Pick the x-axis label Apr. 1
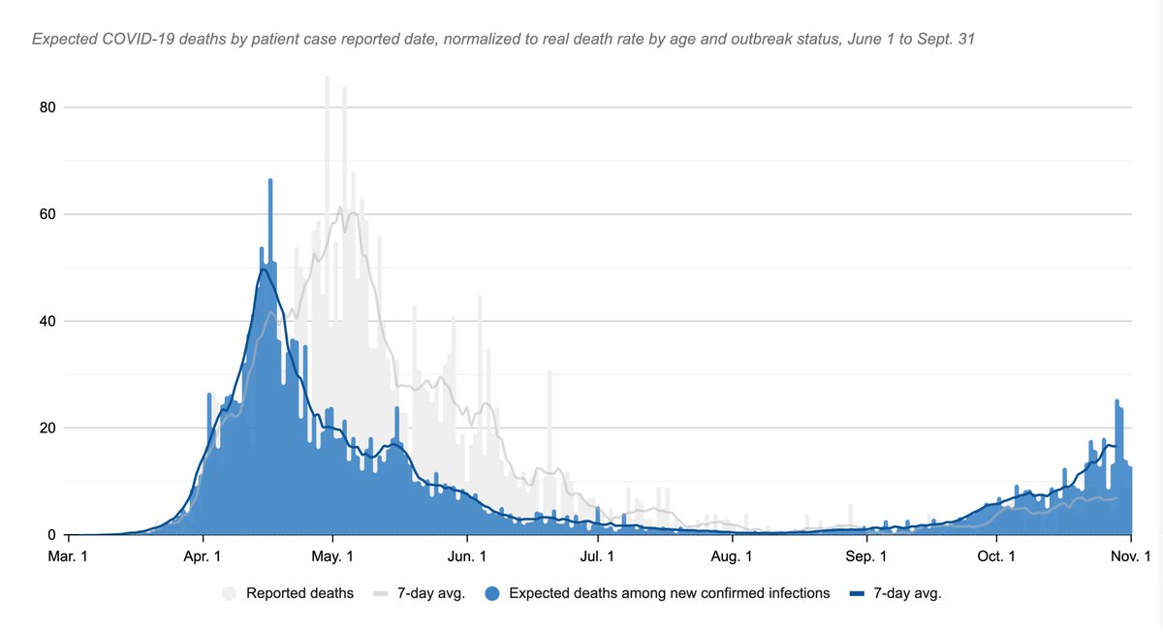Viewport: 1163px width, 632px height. pyautogui.click(x=203, y=556)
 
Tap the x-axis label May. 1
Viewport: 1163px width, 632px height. pyautogui.click(x=332, y=556)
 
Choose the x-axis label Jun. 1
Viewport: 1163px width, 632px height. pyautogui.click(x=467, y=556)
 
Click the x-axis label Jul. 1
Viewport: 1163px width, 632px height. pyautogui.click(x=597, y=556)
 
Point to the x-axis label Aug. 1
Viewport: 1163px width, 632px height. pyautogui.click(x=732, y=556)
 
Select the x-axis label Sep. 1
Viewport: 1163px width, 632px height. pyautogui.click(x=865, y=556)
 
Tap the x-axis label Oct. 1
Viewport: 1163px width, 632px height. pyautogui.click(x=996, y=556)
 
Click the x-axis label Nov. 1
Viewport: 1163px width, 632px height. pyautogui.click(x=1130, y=556)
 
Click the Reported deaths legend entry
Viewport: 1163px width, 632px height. pyautogui.click(x=299, y=593)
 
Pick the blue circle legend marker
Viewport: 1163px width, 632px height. pyautogui.click(x=494, y=593)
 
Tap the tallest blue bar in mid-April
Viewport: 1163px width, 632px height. pyautogui.click(x=270, y=291)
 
